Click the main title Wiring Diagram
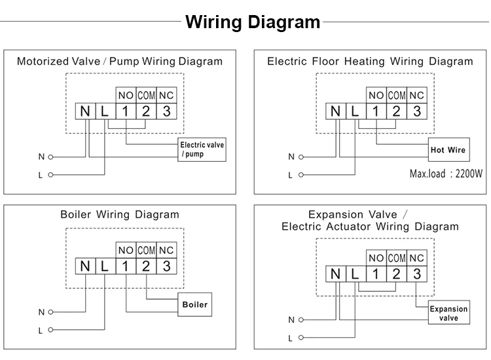tap(253, 22)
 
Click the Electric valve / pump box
tap(202, 150)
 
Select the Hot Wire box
tap(448, 150)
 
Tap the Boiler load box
tap(195, 304)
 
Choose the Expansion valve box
tap(448, 312)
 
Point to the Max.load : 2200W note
tap(446, 173)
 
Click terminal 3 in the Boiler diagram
tap(166, 266)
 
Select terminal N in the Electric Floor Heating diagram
tap(336, 111)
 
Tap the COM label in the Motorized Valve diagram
tap(146, 95)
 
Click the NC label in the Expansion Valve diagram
tap(417, 258)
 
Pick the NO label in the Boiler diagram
tap(126, 250)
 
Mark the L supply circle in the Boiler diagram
tap(50, 330)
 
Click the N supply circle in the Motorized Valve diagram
tap(50, 157)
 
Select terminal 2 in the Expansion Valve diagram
tap(397, 274)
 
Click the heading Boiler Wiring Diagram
tap(120, 215)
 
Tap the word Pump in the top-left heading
tap(124, 62)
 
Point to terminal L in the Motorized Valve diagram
tap(105, 111)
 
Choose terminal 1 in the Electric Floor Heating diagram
tap(376, 111)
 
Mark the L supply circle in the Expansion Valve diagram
tap(301, 338)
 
